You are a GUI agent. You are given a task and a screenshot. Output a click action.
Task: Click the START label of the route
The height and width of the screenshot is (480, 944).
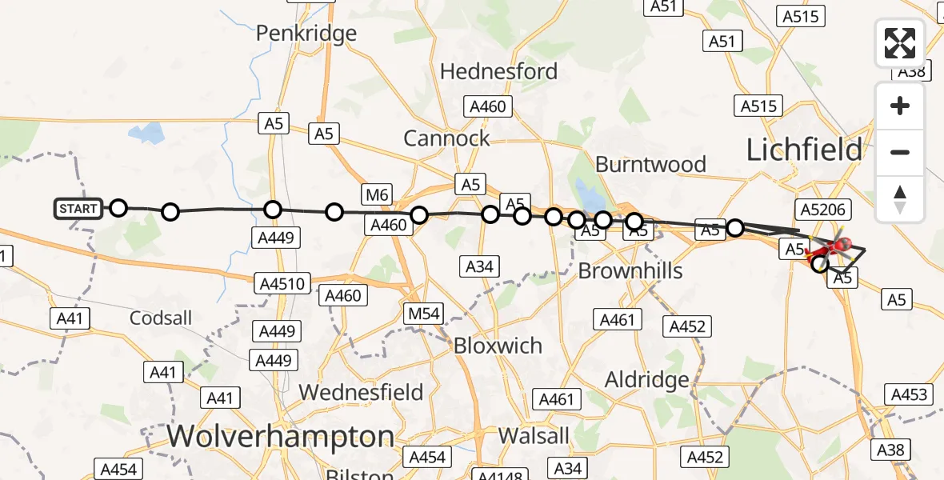pyautogui.click(x=78, y=209)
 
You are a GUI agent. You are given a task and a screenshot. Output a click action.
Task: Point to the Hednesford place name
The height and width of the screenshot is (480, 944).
pyautogui.click(x=498, y=70)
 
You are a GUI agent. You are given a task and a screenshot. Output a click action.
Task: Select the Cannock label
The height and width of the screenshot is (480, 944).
pyautogui.click(x=446, y=138)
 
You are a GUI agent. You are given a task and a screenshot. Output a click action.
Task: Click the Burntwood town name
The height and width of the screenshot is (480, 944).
pyautogui.click(x=650, y=164)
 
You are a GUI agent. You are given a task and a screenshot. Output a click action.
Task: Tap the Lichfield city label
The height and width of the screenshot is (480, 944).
pyautogui.click(x=804, y=150)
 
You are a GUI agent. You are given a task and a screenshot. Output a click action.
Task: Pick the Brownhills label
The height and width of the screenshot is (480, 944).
pyautogui.click(x=630, y=270)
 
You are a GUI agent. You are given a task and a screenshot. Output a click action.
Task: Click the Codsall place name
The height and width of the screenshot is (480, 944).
pyautogui.click(x=161, y=318)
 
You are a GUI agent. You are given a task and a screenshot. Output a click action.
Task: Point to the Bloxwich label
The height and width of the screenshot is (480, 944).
pyautogui.click(x=498, y=346)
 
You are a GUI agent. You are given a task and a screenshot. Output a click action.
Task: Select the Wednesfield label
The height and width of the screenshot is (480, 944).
pyautogui.click(x=361, y=392)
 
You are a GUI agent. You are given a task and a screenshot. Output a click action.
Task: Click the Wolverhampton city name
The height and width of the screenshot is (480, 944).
pyautogui.click(x=281, y=437)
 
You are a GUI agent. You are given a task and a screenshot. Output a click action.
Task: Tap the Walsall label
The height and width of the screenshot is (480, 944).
pyautogui.click(x=534, y=436)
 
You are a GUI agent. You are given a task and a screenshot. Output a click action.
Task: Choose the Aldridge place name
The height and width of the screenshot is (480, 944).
pyautogui.click(x=647, y=379)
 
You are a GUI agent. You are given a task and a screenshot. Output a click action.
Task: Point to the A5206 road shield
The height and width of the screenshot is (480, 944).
pyautogui.click(x=824, y=210)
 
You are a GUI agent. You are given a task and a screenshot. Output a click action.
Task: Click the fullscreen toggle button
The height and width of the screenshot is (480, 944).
pyautogui.click(x=900, y=43)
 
